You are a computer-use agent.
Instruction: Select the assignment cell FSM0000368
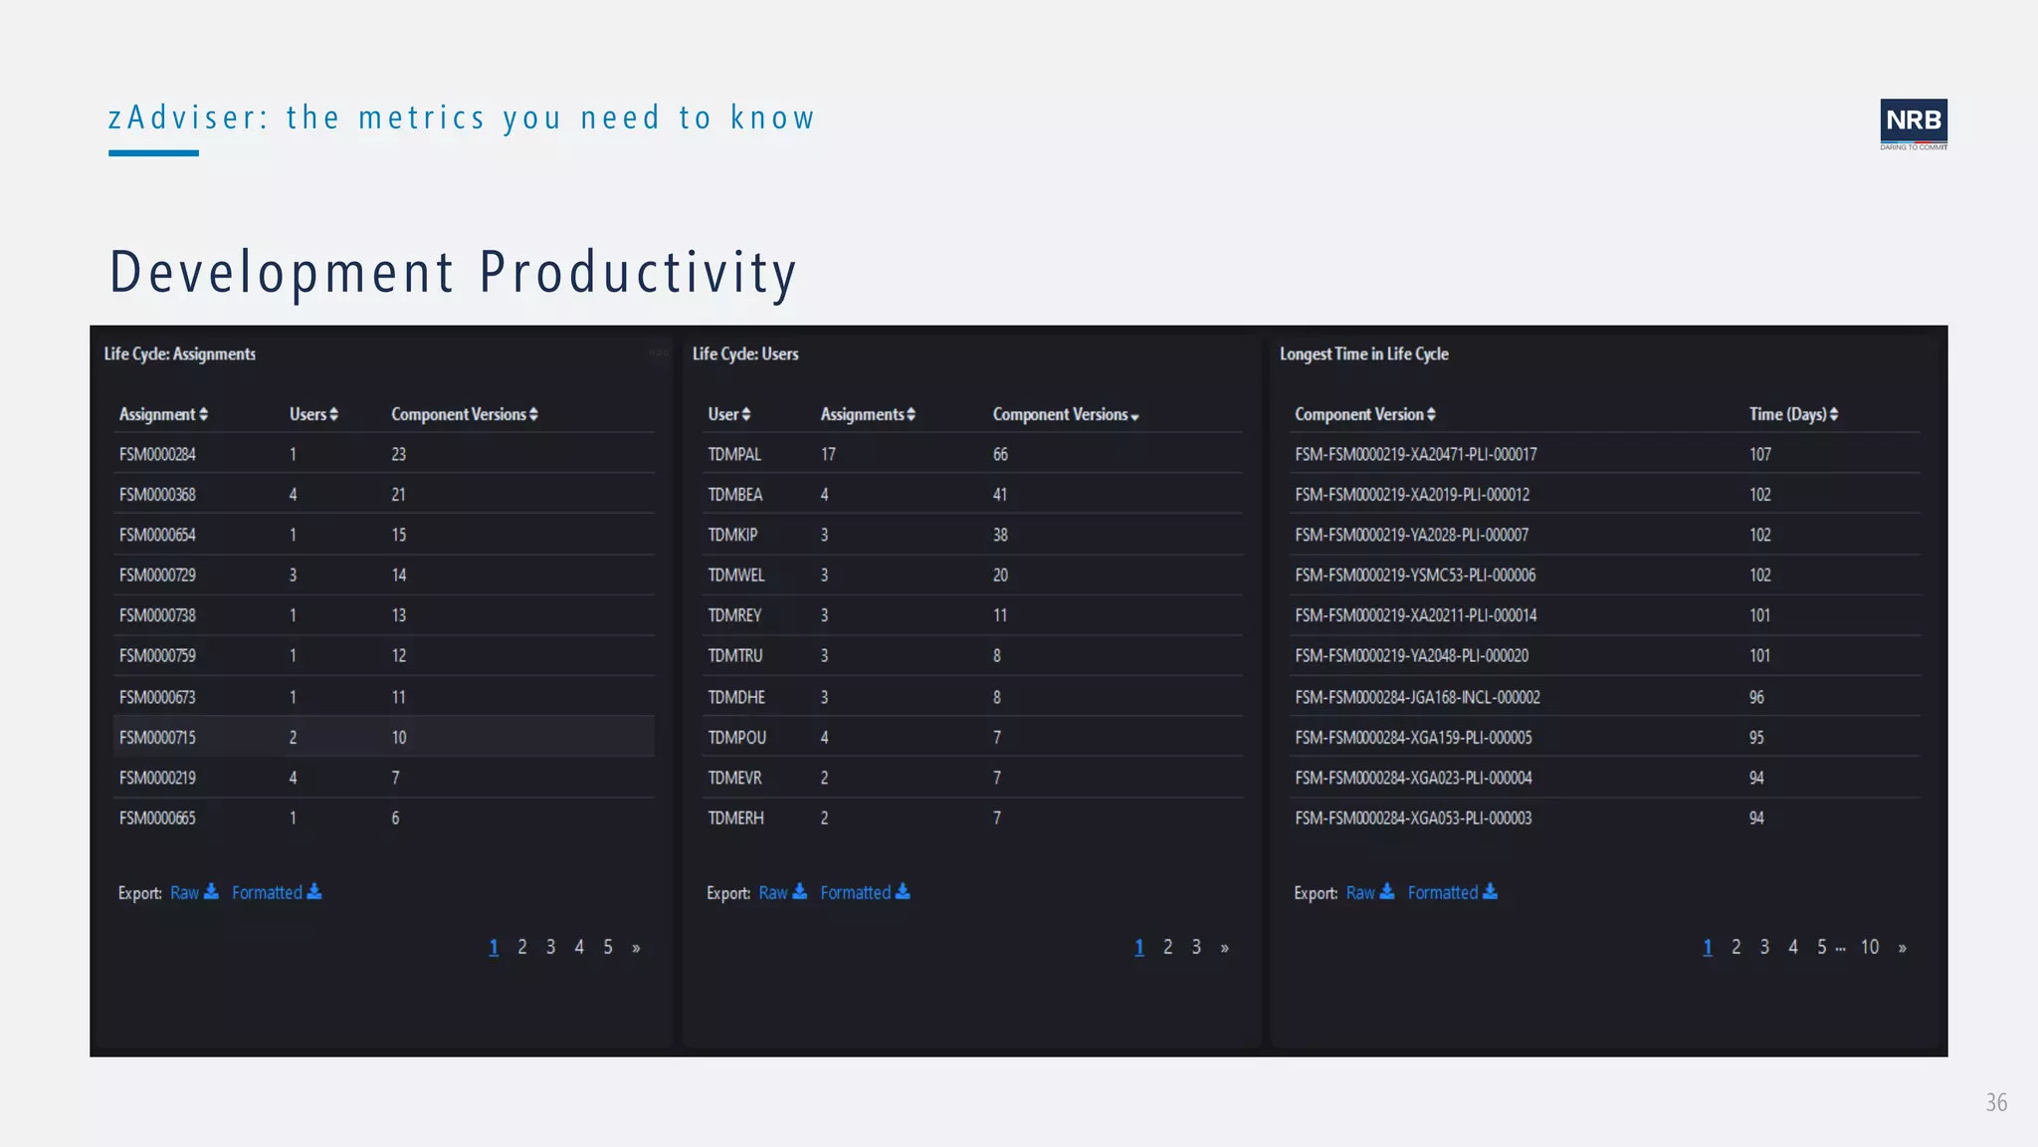click(157, 495)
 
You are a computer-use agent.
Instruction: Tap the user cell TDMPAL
click(734, 454)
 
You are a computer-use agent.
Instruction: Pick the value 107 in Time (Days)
click(1760, 454)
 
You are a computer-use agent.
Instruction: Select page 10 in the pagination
click(1870, 947)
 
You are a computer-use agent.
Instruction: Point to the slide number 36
click(1996, 1102)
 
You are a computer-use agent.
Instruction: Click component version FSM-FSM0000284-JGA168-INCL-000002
click(1417, 697)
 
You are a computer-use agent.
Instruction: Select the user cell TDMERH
click(735, 817)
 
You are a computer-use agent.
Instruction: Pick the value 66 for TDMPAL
click(1000, 454)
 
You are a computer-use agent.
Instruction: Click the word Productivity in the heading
click(638, 272)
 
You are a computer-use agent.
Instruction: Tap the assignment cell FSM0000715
click(157, 738)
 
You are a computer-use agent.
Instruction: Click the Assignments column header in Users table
click(867, 414)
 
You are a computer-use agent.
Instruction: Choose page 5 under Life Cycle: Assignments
click(608, 947)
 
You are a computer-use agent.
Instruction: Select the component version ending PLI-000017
click(1415, 454)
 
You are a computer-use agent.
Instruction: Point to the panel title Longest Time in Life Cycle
click(1363, 353)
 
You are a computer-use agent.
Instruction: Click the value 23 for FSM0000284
click(398, 454)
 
